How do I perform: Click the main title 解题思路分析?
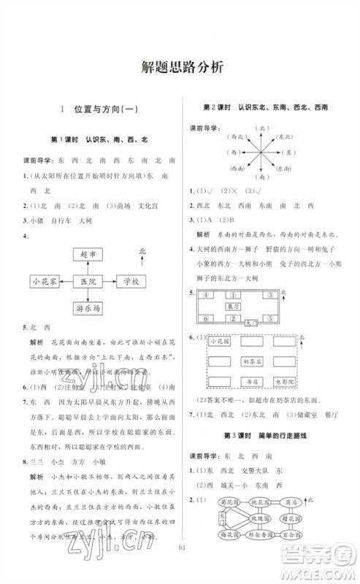[x=180, y=66]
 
